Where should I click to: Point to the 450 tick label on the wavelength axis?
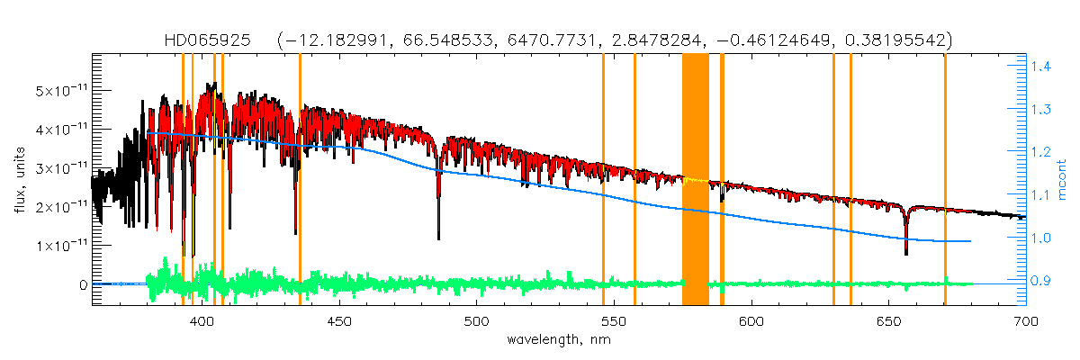(339, 321)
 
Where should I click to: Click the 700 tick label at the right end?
(1025, 321)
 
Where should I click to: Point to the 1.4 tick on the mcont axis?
(1043, 66)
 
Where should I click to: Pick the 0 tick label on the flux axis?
(83, 284)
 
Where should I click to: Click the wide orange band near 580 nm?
(696, 180)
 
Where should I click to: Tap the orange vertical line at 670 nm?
(945, 180)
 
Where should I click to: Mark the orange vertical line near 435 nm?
(300, 180)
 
